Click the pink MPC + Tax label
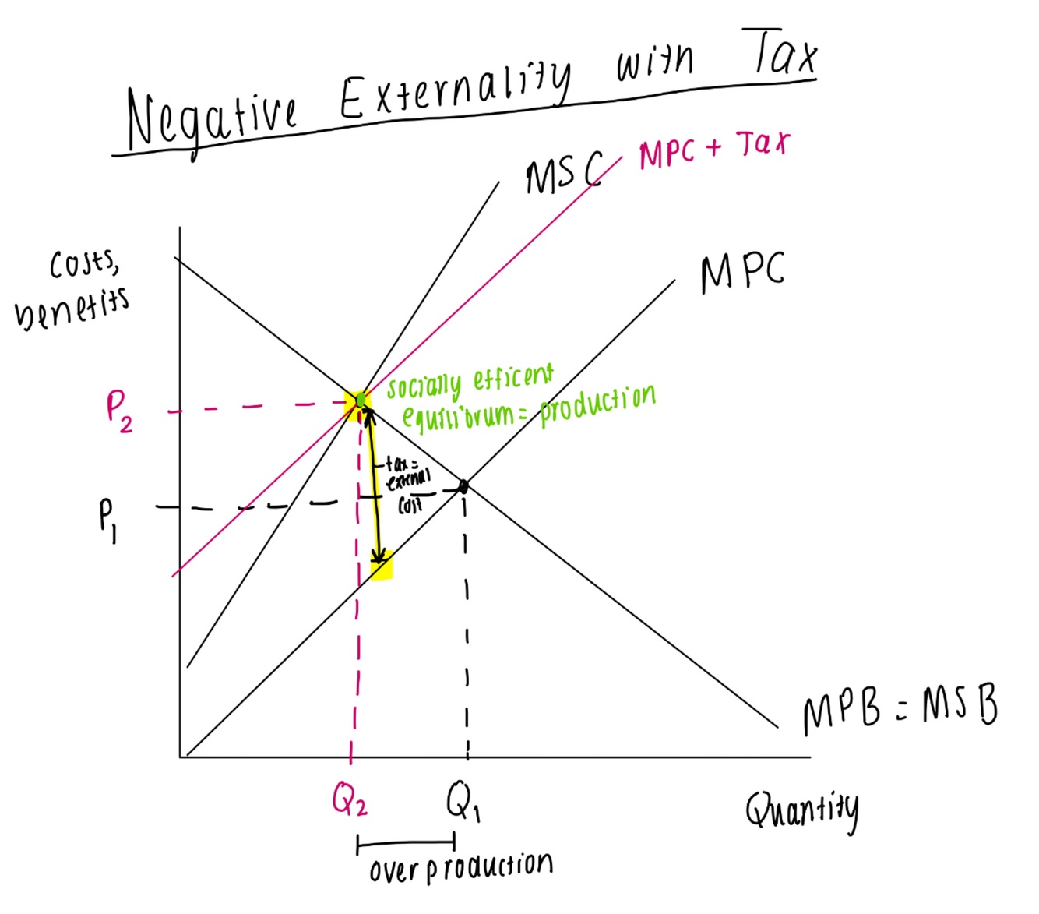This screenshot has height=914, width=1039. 713,149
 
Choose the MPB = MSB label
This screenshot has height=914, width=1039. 900,710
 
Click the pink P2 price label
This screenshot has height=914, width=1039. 118,411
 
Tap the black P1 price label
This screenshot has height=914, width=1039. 107,518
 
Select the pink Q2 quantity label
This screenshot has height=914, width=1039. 349,798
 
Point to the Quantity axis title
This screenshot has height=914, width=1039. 801,811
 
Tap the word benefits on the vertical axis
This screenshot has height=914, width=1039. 72,308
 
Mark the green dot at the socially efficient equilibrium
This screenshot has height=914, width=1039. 361,401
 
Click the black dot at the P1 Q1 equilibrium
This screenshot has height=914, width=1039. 463,487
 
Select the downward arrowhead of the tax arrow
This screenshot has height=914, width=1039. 379,556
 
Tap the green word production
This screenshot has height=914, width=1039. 597,403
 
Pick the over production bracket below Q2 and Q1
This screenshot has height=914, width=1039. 405,842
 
